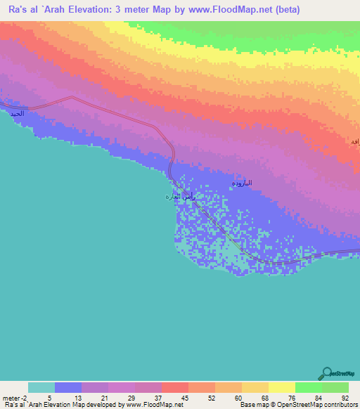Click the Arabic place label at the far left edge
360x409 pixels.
click(15, 112)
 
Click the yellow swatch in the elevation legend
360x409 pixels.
click(281, 387)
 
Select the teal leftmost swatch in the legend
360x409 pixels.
click(41, 387)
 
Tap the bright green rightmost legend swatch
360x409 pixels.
click(335, 387)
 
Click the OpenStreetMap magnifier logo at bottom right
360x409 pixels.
click(326, 374)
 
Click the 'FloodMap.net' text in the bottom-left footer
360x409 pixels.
click(163, 405)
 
